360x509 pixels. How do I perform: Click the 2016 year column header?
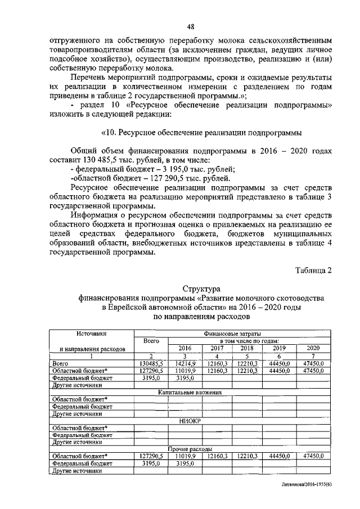pyautogui.click(x=185, y=348)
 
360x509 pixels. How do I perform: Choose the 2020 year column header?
pyautogui.click(x=314, y=348)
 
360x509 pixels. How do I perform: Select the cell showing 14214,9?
pyautogui.click(x=185, y=364)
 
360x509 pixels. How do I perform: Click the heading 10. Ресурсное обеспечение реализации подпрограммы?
pyautogui.click(x=201, y=133)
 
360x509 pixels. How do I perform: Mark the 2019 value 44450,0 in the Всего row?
pyautogui.click(x=280, y=364)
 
